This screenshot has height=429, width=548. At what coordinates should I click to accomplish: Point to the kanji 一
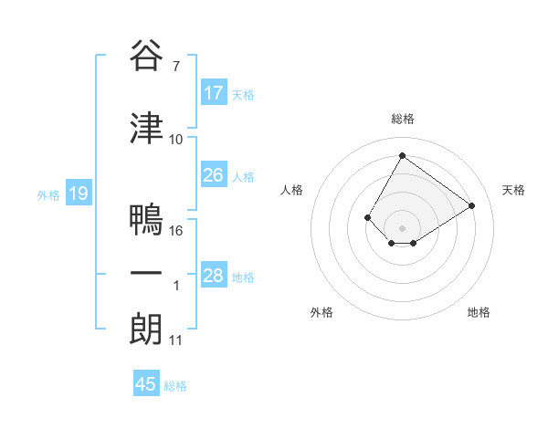coord(146,275)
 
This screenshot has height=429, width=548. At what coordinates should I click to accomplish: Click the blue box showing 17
coord(214,93)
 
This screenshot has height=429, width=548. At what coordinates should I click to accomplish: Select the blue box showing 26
coord(214,175)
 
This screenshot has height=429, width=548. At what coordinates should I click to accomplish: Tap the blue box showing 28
coord(214,276)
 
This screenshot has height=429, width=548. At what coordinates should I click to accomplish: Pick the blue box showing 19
coord(78,194)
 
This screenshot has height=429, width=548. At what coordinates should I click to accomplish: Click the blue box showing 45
coord(146,384)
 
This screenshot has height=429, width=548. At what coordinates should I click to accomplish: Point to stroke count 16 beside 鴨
coord(177,231)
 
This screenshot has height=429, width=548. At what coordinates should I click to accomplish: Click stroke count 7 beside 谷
coord(175,66)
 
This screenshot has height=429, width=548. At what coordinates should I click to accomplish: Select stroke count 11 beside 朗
coord(176,340)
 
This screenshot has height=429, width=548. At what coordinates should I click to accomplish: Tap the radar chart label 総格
coord(402,119)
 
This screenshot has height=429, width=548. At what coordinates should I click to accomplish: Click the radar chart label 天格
coord(513,190)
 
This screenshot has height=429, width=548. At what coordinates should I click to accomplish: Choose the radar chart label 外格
coord(321,312)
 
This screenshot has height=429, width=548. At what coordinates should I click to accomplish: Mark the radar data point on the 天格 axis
coord(472,205)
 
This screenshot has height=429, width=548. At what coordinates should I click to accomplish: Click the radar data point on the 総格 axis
coord(402,155)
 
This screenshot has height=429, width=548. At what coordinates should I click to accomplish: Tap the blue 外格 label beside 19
coord(48,194)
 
